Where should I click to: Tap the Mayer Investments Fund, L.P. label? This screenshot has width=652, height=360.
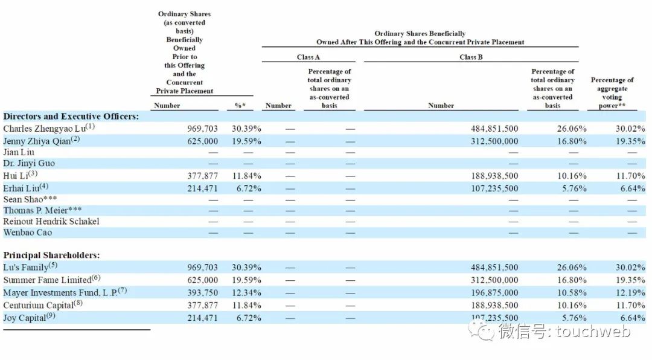[x=61, y=292]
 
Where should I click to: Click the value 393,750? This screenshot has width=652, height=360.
[x=203, y=292]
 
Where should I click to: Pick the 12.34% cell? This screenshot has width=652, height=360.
[x=246, y=292]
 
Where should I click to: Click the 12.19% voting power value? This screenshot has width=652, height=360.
[x=630, y=292]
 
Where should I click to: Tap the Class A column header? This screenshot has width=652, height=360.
[x=308, y=57]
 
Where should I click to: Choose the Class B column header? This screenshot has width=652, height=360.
[x=471, y=57]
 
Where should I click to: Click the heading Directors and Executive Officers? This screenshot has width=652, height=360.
[x=71, y=117]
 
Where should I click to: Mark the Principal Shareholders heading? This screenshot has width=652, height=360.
[x=51, y=255]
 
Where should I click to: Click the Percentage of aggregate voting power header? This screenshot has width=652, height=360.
[x=612, y=92]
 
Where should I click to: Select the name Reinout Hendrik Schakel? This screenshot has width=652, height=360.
[x=51, y=221]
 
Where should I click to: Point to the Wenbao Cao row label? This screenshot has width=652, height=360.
[x=28, y=233]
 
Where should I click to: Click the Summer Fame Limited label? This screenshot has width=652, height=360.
[x=47, y=280]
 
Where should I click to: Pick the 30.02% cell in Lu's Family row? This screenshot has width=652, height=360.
[x=630, y=267]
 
